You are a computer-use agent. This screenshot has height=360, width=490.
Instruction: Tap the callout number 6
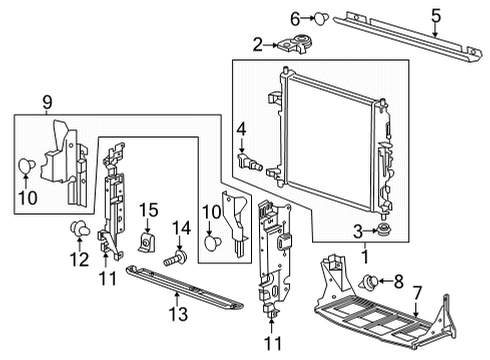[x=295, y=17]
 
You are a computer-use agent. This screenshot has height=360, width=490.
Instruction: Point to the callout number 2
[x=257, y=43]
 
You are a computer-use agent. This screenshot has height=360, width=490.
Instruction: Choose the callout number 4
[x=241, y=128]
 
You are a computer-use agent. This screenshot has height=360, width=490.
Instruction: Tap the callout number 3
[x=357, y=232]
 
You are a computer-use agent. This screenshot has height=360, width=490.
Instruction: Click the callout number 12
[x=76, y=260]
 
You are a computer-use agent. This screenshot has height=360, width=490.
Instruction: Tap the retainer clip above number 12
[x=76, y=232]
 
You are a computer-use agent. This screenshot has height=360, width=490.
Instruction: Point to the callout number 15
[x=148, y=209]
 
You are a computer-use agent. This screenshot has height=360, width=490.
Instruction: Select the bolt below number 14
[x=177, y=257]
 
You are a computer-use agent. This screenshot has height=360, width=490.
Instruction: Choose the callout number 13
[x=177, y=316]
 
